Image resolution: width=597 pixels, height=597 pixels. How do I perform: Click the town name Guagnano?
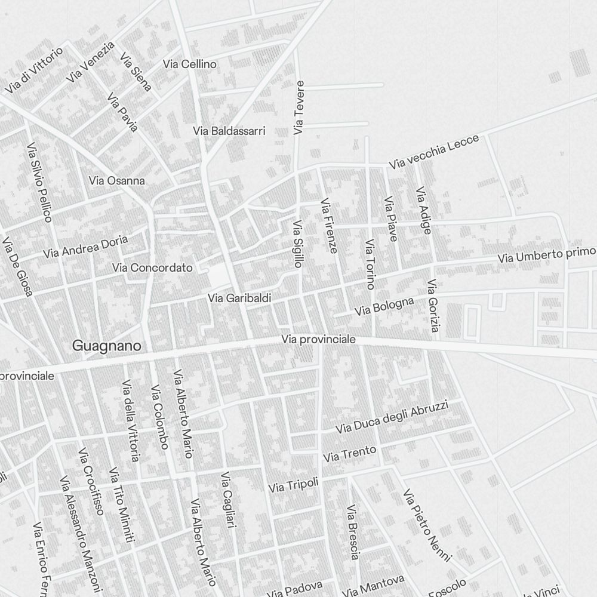tap(107, 346)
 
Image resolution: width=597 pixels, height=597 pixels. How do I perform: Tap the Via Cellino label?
tap(190, 64)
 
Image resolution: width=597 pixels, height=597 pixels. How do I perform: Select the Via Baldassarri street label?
tap(229, 131)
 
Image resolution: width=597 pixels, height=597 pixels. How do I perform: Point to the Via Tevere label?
tap(299, 107)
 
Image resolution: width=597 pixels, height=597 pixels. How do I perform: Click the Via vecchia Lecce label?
tap(434, 152)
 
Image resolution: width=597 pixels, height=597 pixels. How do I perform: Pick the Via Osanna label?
tap(116, 180)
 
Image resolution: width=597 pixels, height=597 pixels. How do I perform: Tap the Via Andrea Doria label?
tap(85, 247)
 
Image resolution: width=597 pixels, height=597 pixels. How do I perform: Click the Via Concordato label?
tap(152, 267)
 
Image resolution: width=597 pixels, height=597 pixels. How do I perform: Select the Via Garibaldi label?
tap(240, 297)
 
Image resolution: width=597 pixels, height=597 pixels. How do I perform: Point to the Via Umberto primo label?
tap(547, 254)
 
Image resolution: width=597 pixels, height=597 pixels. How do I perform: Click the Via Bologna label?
tap(384, 307)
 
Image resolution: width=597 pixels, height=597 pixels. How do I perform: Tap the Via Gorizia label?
tap(434, 306)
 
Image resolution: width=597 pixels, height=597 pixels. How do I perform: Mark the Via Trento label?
tap(350, 454)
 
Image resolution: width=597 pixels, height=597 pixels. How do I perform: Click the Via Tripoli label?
tap(293, 485)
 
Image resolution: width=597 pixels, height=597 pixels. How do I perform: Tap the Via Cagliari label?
tap(229, 500)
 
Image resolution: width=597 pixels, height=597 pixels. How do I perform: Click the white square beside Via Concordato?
tap(219, 275)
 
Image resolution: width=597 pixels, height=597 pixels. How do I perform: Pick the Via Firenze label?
tap(329, 226)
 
